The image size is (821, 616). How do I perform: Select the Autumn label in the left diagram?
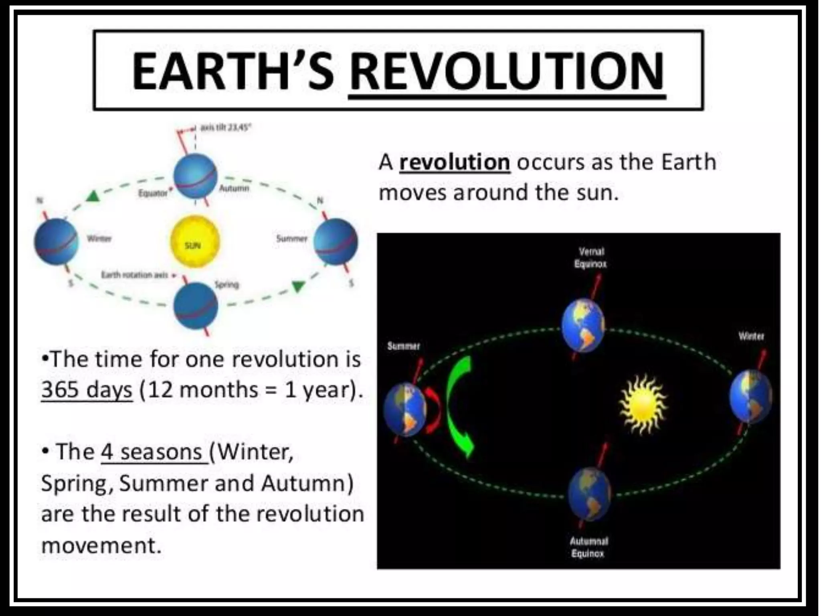pyautogui.click(x=234, y=188)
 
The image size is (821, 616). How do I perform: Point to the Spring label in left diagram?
pyautogui.click(x=227, y=285)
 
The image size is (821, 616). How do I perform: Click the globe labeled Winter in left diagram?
pyautogui.click(x=56, y=242)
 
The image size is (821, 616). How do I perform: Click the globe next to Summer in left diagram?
pyautogui.click(x=336, y=242)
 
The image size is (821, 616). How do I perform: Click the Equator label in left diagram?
pyautogui.click(x=153, y=193)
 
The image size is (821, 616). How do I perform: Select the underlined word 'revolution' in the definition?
pyautogui.click(x=455, y=162)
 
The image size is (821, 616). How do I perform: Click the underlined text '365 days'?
pyautogui.click(x=87, y=389)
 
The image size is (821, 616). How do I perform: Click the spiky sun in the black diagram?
pyautogui.click(x=642, y=404)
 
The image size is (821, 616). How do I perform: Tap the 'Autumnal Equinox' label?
pyautogui.click(x=588, y=547)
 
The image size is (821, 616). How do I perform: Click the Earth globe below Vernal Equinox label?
pyautogui.click(x=583, y=325)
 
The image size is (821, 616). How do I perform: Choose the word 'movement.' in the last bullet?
pyautogui.click(x=101, y=545)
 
